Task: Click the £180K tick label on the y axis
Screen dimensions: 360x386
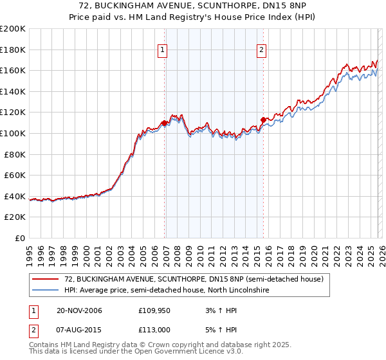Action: [13, 50]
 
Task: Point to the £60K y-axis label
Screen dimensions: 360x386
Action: [15, 175]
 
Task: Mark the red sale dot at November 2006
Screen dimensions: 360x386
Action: [165, 122]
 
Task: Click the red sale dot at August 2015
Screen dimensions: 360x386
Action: [263, 119]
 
